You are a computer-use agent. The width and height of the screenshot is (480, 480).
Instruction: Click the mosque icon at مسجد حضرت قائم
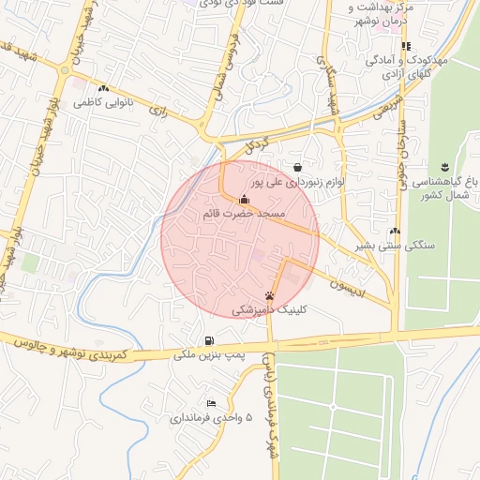tap(245, 199)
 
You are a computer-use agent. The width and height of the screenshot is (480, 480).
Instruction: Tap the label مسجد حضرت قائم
tap(243, 215)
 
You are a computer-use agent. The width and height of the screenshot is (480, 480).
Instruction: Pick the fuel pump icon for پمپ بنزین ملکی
tap(207, 340)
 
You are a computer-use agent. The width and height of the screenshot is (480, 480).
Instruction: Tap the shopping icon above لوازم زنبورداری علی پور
tap(297, 167)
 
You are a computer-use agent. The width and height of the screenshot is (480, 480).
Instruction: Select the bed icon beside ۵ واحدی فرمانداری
tap(210, 402)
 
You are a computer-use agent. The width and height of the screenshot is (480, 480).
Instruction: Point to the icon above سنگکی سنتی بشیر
tap(394, 231)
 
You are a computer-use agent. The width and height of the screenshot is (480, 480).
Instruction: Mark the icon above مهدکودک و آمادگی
tap(406, 45)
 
